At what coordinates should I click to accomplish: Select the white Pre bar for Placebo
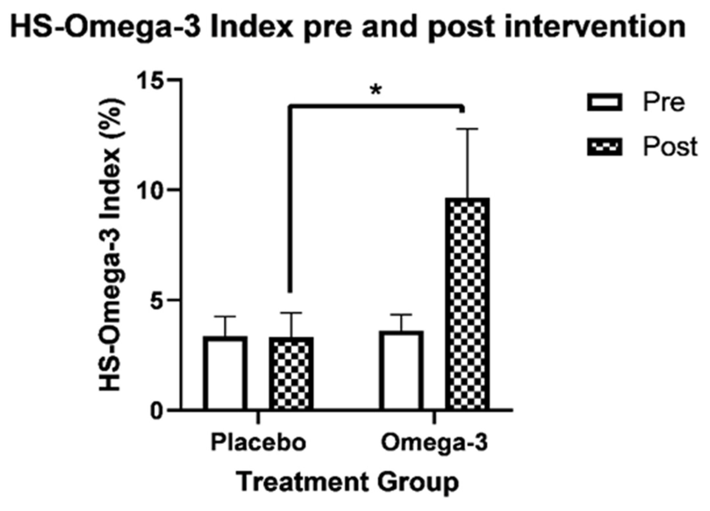pyautogui.click(x=225, y=373)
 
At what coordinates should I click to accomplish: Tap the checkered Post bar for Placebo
pyautogui.click(x=291, y=374)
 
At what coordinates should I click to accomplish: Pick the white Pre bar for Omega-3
pyautogui.click(x=401, y=371)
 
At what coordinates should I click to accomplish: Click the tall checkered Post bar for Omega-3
pyautogui.click(x=467, y=304)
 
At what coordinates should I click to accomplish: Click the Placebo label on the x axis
pyautogui.click(x=258, y=442)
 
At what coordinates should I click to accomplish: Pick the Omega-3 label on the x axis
pyautogui.click(x=434, y=442)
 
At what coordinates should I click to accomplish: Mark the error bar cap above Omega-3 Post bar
pyautogui.click(x=467, y=129)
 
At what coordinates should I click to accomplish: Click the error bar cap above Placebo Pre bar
pyautogui.click(x=225, y=316)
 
